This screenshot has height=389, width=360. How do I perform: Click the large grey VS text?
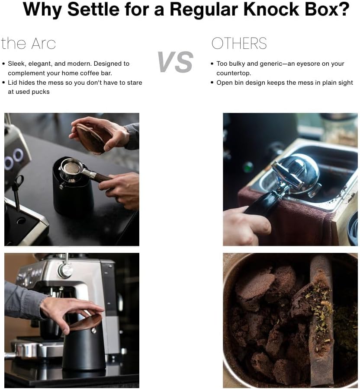[175, 62]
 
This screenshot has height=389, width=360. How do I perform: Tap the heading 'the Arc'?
[29, 44]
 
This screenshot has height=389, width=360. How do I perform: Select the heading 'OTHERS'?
[239, 44]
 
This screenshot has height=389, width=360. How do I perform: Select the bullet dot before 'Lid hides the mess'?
[4, 82]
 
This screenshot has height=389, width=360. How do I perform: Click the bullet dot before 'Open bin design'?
[212, 82]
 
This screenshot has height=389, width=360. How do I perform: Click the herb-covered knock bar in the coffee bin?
[320, 320]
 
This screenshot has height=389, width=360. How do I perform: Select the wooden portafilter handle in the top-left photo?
[103, 177]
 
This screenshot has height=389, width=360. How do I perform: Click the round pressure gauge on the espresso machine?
[66, 271]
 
